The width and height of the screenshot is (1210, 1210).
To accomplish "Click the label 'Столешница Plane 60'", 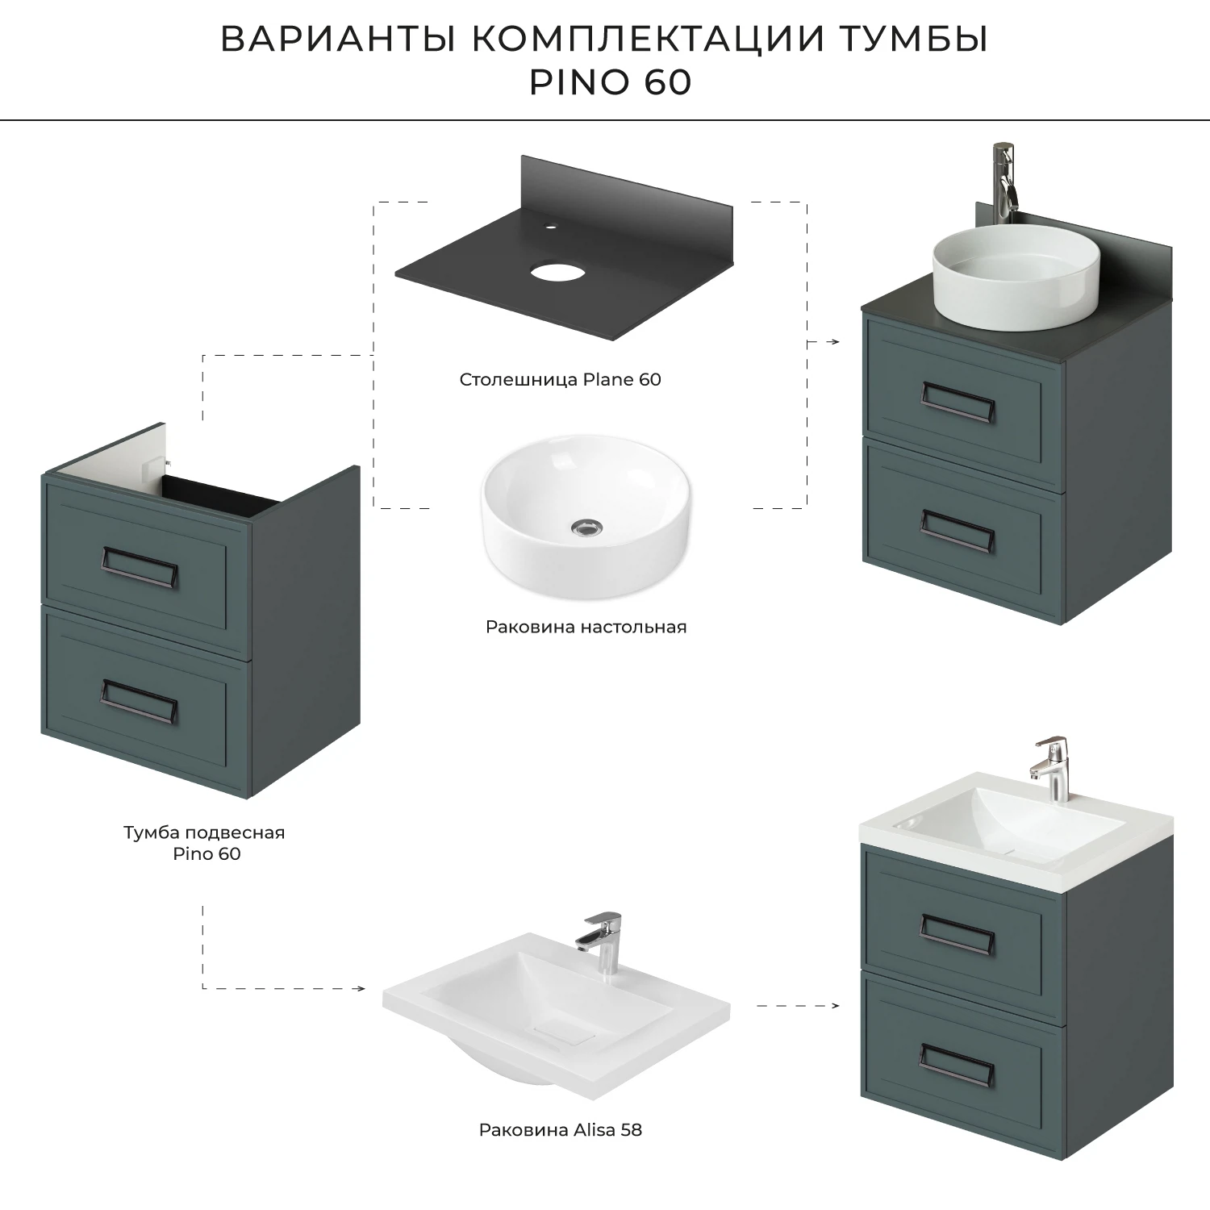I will [560, 380].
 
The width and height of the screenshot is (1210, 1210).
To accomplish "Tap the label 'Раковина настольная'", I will [586, 627].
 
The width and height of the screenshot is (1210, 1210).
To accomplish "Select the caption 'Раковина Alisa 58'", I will [560, 1130].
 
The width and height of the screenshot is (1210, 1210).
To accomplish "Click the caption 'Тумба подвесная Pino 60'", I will [205, 843].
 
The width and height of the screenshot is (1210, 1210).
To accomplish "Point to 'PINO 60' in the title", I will [610, 82].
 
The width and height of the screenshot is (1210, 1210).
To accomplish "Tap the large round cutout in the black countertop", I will [557, 272].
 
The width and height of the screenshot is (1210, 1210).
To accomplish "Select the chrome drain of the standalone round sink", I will [586, 527].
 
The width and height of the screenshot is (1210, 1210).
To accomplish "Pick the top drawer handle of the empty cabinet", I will [140, 567].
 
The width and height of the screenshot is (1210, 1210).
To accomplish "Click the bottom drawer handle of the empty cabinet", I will [140, 700].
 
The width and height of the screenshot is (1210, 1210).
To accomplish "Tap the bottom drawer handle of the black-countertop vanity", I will [958, 534].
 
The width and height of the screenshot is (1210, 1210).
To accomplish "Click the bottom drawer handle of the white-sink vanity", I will [958, 1065].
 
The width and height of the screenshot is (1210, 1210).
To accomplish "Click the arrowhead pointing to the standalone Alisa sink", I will [360, 988].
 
